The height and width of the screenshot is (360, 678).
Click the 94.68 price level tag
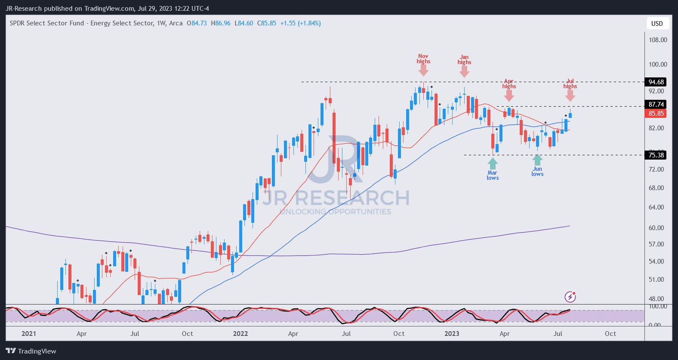pos(656,82)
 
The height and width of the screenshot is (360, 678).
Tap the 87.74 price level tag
pos(656,105)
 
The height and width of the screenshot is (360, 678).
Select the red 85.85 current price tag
pos(656,114)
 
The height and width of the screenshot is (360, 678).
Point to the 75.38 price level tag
pos(656,155)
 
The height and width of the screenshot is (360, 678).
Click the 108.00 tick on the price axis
pos(658,40)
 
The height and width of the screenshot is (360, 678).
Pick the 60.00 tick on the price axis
pos(656,228)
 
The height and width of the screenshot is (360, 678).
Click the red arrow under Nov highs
pos(423,71)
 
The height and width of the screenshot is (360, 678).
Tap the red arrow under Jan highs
pos(464,71)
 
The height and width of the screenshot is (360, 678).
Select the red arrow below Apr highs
pos(509,95)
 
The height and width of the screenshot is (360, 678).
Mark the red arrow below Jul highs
pos(570,95)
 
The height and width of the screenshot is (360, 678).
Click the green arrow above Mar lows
pos(493,163)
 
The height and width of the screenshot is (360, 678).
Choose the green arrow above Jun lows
pos(537,160)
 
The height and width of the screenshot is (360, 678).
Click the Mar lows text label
pos(493,175)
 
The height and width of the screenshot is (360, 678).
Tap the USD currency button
pos(657,24)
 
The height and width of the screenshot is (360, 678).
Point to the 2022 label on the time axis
pos(240,334)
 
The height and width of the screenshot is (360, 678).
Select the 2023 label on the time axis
pos(452,334)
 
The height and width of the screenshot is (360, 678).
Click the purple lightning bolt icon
pos(570,296)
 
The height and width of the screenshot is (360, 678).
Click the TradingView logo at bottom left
pos(31,351)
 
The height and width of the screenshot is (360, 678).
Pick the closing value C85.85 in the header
pos(267,23)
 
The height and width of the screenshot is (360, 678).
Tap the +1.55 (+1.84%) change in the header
pos(300,23)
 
